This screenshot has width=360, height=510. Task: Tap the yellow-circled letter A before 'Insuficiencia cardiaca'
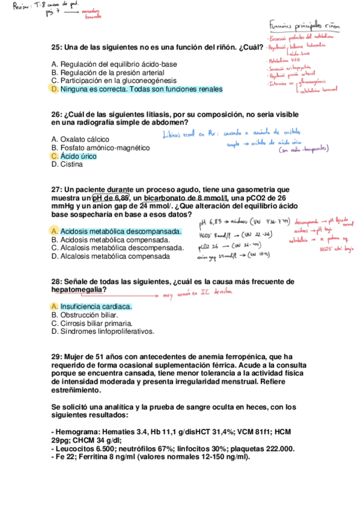tap(55, 307)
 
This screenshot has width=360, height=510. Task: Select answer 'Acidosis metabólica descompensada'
tap(120, 232)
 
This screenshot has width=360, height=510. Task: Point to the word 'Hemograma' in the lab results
tap(77, 432)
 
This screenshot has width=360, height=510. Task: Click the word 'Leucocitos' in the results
tap(76, 449)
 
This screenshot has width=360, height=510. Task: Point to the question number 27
tap(56, 189)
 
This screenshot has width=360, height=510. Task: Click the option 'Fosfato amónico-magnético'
tap(100, 148)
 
